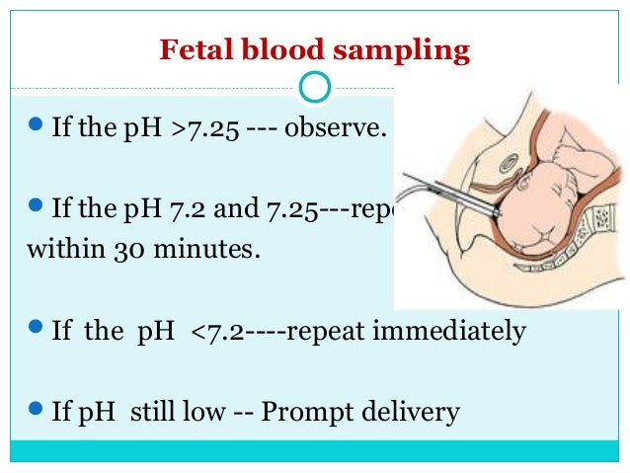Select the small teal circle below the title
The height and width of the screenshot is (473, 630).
(x=314, y=87)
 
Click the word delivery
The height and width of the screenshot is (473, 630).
(x=416, y=411)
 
